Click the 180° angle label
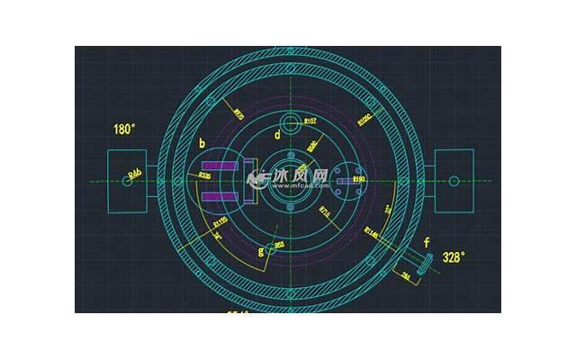tap(124, 129)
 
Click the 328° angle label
tap(454, 257)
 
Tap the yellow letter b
tap(202, 143)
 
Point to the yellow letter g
tap(261, 251)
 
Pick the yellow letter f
tap(427, 241)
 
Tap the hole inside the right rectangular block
tap(454, 180)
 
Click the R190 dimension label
tap(358, 180)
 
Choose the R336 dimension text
tap(204, 176)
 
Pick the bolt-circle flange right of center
tap(345, 180)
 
